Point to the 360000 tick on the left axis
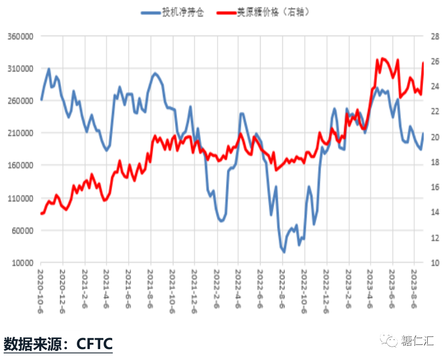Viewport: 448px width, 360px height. [x=20, y=36]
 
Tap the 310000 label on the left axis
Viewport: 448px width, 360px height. [x=20, y=69]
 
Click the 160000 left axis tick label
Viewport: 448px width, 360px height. [x=20, y=165]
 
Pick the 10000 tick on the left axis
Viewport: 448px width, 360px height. [x=22, y=263]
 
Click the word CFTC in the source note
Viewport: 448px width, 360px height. [x=94, y=343]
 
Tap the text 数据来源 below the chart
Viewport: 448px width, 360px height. [x=32, y=343]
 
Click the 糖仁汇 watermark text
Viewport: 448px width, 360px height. [x=420, y=341]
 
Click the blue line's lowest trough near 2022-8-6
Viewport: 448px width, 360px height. [x=283, y=252]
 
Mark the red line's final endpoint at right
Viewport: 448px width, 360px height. [x=423, y=62]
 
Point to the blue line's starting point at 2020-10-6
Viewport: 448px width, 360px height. [x=41, y=99]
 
